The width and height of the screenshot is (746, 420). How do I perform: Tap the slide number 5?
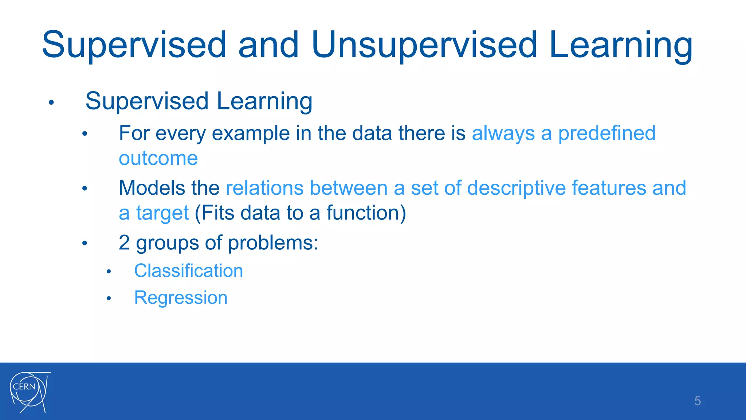[x=697, y=401]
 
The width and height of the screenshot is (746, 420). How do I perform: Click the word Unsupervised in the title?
[x=424, y=45]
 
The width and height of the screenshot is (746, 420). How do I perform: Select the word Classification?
[x=188, y=271]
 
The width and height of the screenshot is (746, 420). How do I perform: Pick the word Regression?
[x=181, y=298]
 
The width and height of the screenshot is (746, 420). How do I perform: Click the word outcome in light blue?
[x=158, y=158]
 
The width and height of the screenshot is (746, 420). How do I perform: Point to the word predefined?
[x=606, y=133]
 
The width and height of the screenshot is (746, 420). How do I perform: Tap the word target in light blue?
[x=162, y=213]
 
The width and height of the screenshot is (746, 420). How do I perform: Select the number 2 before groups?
[x=124, y=242]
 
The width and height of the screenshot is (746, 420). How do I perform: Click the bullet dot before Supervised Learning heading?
[x=51, y=102]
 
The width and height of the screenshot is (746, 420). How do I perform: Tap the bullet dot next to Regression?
[x=109, y=299]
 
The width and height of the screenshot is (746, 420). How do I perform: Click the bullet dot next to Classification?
[x=109, y=272]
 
